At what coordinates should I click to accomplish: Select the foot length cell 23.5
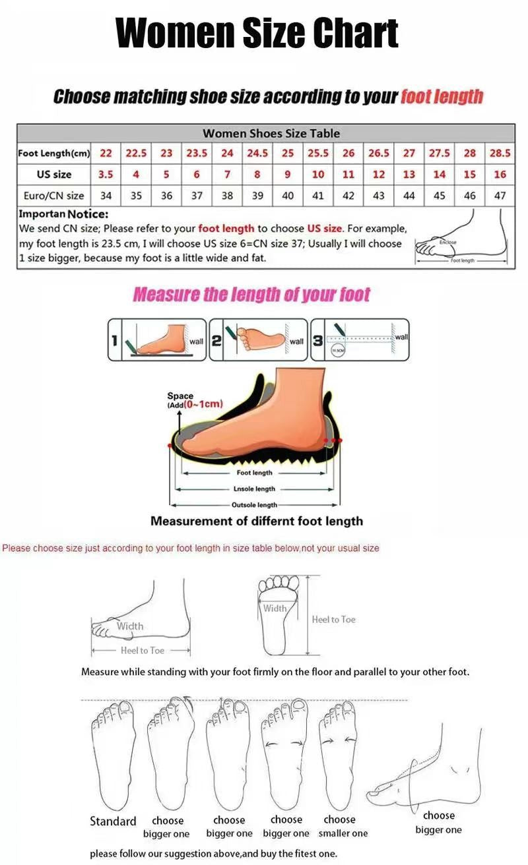pos(197,153)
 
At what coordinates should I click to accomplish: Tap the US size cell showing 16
pos(500,175)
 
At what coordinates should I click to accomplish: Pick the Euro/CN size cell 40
pos(288,196)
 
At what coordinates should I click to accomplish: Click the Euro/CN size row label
pos(51,196)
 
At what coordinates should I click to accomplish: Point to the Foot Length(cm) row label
pos(53,153)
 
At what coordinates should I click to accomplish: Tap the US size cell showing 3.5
pos(106,175)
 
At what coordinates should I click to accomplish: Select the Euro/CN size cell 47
pos(500,196)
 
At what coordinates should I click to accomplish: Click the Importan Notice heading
pos(63,214)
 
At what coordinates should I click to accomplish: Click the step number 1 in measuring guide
pos(114,341)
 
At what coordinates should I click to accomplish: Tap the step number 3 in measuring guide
pos(317,341)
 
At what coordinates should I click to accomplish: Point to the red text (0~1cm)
pos(204,404)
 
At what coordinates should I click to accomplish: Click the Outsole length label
pos(254,505)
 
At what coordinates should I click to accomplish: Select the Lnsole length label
pos(254,489)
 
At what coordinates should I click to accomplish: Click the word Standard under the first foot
pos(113,821)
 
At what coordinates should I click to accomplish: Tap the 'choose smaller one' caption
pos(343,827)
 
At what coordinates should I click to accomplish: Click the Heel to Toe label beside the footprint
pos(333,620)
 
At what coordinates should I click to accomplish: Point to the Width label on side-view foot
pos(130,626)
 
